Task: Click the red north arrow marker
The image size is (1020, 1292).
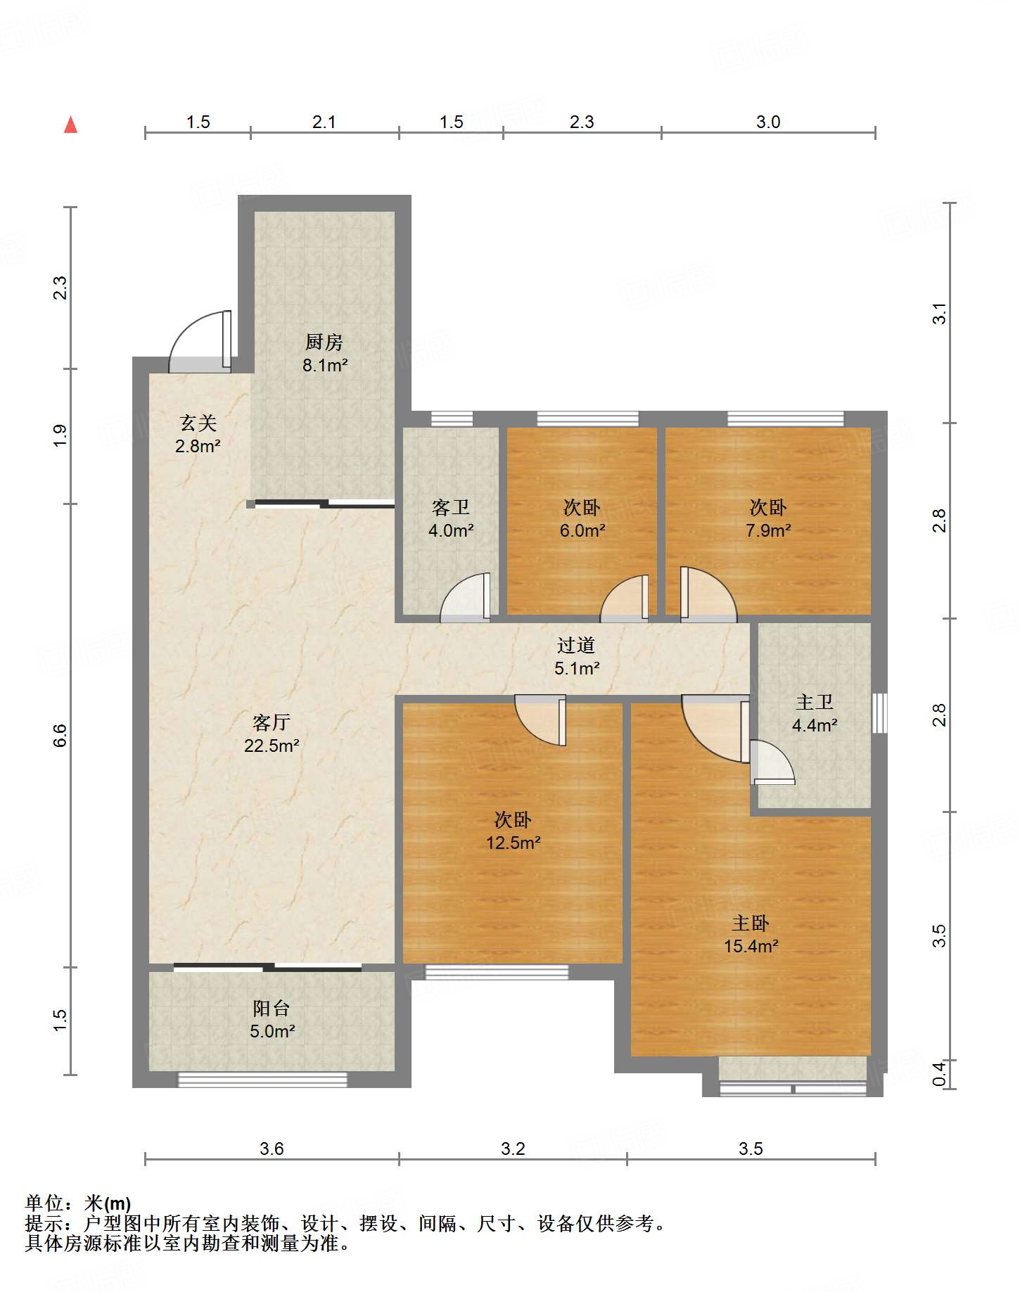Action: (70, 124)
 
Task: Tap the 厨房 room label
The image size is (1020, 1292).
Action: (324, 343)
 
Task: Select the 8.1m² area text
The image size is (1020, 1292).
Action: (325, 365)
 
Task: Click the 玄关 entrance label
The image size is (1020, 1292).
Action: (198, 423)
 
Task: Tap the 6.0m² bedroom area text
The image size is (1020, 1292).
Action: (582, 530)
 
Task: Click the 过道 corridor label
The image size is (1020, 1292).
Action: (576, 645)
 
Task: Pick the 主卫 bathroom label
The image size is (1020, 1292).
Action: (815, 702)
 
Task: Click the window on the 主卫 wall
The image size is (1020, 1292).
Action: (879, 713)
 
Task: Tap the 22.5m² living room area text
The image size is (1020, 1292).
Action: (272, 746)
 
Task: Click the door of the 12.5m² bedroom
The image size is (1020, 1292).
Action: (541, 720)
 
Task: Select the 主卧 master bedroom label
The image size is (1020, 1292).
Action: (751, 923)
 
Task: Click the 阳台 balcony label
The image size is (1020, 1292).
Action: (272, 1008)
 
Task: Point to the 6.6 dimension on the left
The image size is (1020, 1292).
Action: (60, 735)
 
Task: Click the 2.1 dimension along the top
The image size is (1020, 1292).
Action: (324, 122)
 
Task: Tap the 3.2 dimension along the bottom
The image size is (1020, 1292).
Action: (514, 1149)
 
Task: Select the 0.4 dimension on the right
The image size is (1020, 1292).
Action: (939, 1074)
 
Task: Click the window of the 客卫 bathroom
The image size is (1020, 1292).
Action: (452, 419)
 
